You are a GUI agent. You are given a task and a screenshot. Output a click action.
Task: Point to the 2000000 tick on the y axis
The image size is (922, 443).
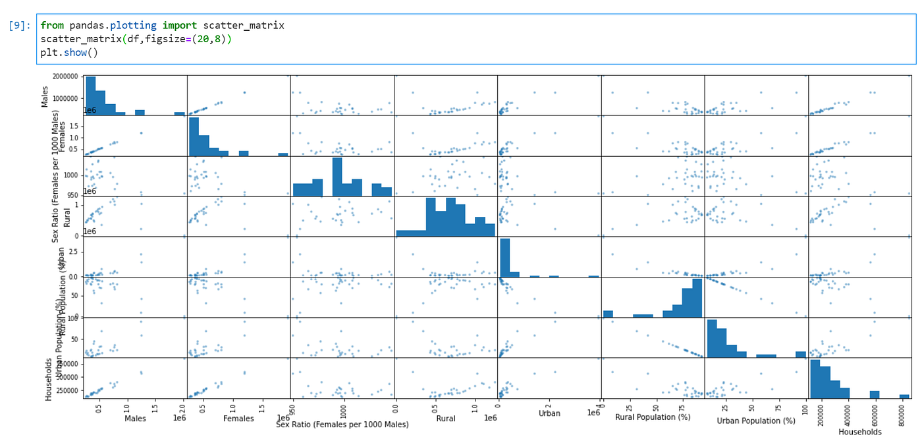pyautogui.click(x=66, y=76)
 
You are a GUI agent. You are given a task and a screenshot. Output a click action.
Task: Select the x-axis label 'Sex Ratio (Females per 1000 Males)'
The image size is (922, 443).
pyautogui.click(x=342, y=425)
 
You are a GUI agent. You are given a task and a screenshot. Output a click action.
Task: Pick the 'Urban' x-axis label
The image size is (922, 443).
pyautogui.click(x=549, y=413)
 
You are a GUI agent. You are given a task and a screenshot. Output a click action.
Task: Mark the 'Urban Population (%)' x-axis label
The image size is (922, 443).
pyautogui.click(x=756, y=421)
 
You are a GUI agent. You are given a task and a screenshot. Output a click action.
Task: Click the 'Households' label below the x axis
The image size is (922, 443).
pyautogui.click(x=859, y=432)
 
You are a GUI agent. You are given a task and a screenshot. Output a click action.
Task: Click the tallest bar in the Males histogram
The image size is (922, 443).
pyautogui.click(x=91, y=96)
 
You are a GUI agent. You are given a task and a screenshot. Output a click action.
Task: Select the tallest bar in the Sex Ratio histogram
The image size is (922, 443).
pyautogui.click(x=337, y=176)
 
